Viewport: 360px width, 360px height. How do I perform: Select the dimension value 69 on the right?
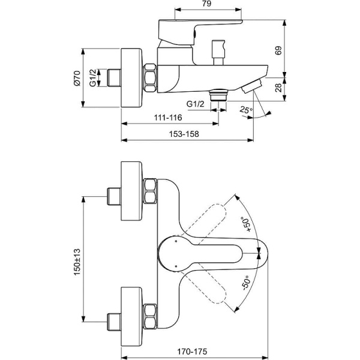pyautogui.click(x=277, y=52)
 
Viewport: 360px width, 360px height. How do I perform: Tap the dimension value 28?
pyautogui.click(x=277, y=89)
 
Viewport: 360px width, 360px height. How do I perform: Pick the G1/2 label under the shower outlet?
pyautogui.click(x=195, y=104)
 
